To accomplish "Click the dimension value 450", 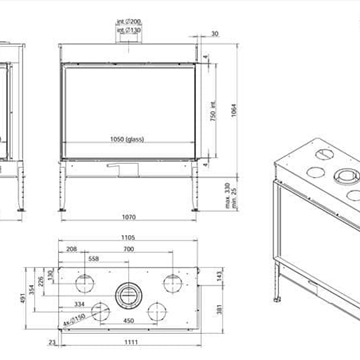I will [130, 321].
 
